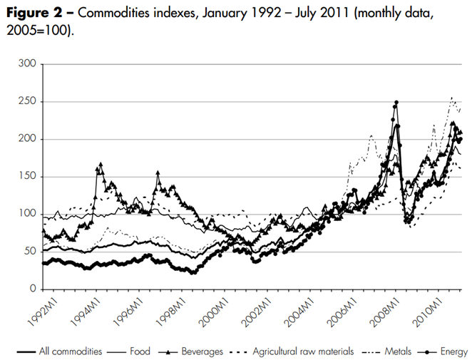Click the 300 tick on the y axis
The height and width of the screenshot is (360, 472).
29,65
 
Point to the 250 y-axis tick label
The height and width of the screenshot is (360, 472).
29,102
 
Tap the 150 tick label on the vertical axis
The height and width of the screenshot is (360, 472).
29,177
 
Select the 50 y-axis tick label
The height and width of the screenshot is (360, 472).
31,252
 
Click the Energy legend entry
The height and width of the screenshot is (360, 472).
453,351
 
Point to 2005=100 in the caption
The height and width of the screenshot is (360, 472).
38,33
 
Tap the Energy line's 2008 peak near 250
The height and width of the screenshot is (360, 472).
396,103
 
